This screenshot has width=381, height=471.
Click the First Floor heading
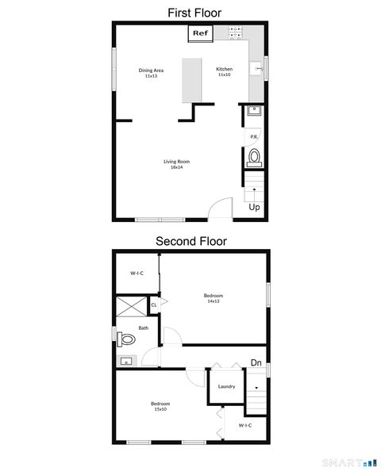point(194,12)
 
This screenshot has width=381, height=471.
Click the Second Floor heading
point(190,241)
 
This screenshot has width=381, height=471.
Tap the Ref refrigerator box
point(200,33)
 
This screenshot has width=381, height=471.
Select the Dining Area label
point(151,72)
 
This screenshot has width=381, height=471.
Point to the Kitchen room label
point(225,71)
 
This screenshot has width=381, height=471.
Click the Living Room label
point(176,164)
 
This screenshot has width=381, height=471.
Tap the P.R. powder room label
point(254,136)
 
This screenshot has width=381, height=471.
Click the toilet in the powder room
point(254,157)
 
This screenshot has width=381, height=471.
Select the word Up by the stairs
point(255,208)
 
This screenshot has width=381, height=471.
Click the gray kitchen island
point(191,79)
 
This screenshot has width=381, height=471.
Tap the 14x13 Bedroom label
point(213,298)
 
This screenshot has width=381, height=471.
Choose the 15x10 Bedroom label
point(160,406)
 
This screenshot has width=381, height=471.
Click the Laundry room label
point(226,386)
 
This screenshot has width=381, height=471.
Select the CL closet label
point(155,303)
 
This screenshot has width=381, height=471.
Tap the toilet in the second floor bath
point(126,340)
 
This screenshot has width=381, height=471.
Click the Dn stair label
point(256,363)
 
